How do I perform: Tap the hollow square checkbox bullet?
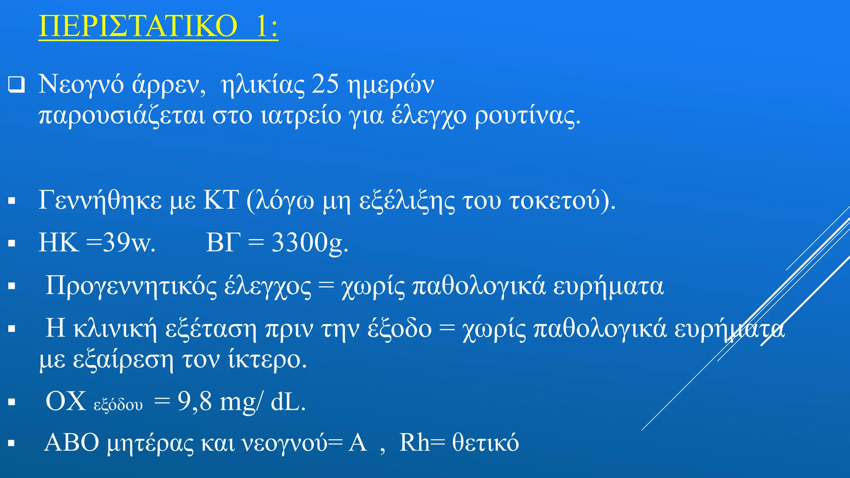17,85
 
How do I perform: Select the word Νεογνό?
81,85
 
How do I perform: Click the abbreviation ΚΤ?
221,200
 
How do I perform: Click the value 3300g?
310,242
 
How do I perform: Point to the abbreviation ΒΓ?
223,242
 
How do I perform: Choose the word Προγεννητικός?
130,286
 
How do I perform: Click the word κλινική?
115,329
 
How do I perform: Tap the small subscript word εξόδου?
118,405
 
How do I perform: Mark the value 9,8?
195,402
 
